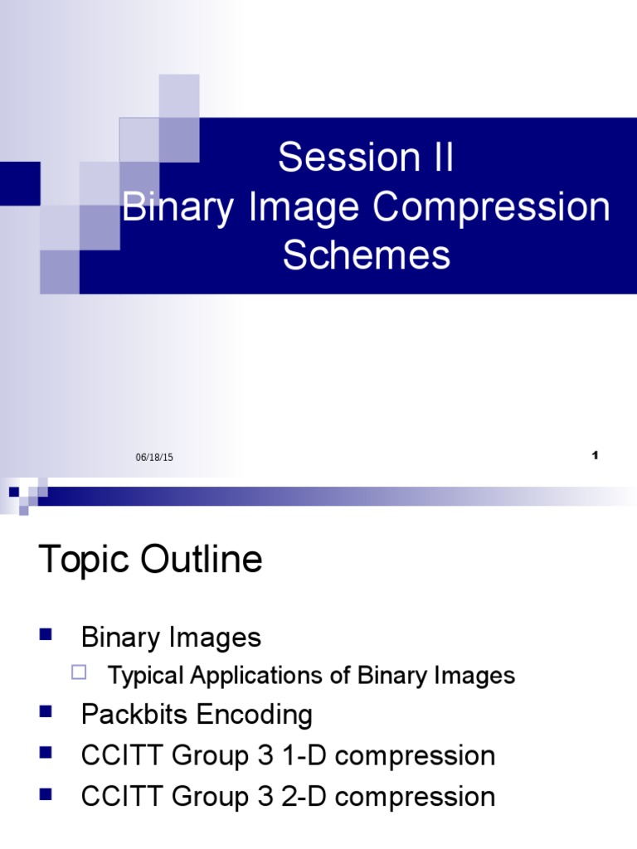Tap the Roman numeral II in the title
point(438,158)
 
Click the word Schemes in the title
point(367,255)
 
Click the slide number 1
point(596,455)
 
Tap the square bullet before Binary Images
point(46,635)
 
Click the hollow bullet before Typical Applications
point(80,672)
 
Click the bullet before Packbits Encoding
point(46,711)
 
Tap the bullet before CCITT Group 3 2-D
point(46,794)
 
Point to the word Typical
point(146,676)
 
